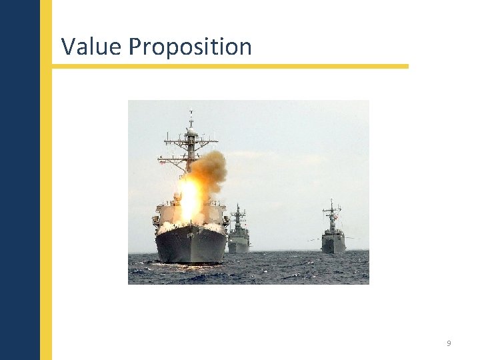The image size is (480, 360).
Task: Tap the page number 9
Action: (x=449, y=343)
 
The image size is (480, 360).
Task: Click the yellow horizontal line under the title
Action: (x=230, y=66)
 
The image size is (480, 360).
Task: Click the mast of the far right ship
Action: (x=331, y=212)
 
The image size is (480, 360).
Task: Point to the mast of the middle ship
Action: (x=238, y=215)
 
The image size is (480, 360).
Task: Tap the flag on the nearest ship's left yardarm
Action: (x=163, y=162)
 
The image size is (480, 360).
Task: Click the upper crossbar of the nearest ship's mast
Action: (x=191, y=141)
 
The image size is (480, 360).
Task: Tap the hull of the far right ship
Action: (x=333, y=245)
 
